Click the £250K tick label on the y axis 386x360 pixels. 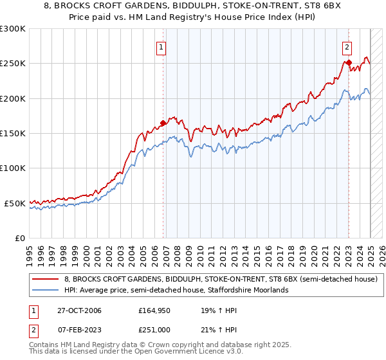pyautogui.click(x=13, y=64)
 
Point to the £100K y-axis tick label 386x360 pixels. pyautogui.click(x=13, y=168)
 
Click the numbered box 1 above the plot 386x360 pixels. pyautogui.click(x=161, y=46)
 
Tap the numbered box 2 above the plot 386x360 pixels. pyautogui.click(x=347, y=46)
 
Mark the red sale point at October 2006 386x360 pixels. pyautogui.click(x=163, y=123)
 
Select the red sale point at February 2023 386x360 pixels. pyautogui.click(x=349, y=63)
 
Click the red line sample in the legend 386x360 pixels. pyautogui.click(x=45, y=280)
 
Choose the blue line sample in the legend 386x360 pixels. pyautogui.click(x=45, y=290)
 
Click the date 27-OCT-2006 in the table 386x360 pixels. pyautogui.click(x=79, y=311)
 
